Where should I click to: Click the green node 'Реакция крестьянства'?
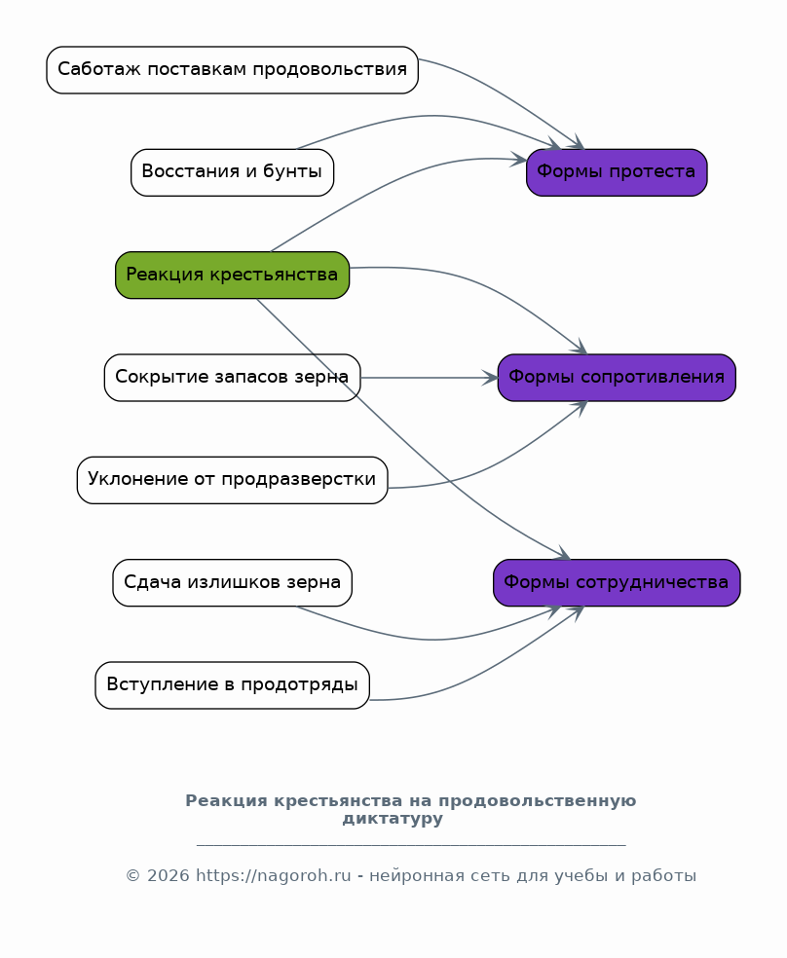[232, 275]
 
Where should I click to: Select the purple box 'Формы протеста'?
[617, 172]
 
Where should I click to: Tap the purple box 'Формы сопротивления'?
[617, 378]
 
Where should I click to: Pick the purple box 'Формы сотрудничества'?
[617, 583]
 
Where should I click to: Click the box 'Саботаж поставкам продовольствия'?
[232, 70]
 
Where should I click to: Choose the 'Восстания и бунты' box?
[232, 172]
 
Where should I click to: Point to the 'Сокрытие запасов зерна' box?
[232, 378]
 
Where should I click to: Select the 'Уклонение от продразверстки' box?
[232, 480]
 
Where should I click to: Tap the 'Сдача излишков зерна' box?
[232, 583]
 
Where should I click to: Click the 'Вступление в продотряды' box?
[232, 685]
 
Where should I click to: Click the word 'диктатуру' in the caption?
[393, 819]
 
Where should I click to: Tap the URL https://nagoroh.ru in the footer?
[273, 875]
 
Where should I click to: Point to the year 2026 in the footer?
[169, 875]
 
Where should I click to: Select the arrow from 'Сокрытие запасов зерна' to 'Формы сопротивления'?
[429, 378]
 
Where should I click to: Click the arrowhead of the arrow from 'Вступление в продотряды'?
[577, 612]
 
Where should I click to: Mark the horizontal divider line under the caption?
[411, 845]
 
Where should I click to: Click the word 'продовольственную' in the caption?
[537, 801]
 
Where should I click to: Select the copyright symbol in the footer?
[133, 875]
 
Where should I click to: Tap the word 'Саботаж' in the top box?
[99, 69]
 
